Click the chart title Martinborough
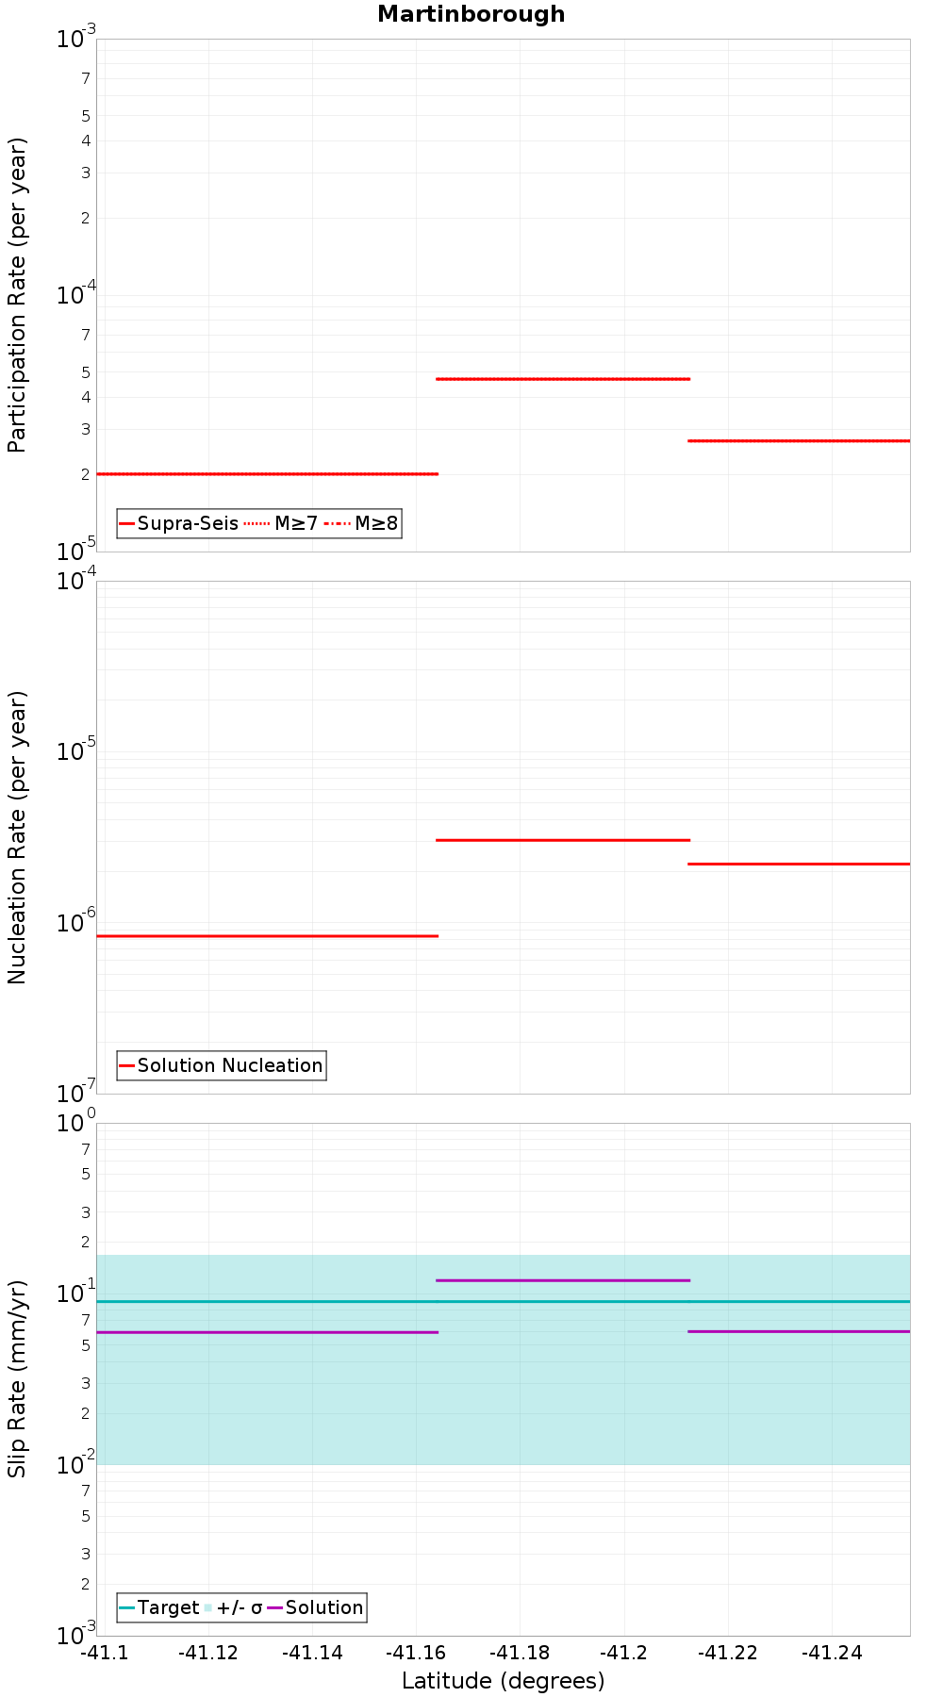(x=471, y=14)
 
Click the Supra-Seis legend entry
(x=179, y=523)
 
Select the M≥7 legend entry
(x=283, y=523)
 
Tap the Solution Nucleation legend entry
(x=222, y=1065)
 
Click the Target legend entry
(x=159, y=1607)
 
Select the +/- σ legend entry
(x=234, y=1607)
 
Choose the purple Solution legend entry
(x=316, y=1607)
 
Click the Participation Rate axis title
(x=18, y=295)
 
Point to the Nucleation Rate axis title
(x=18, y=837)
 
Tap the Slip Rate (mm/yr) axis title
(x=18, y=1378)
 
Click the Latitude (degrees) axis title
(x=503, y=1681)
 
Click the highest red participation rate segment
(x=563, y=379)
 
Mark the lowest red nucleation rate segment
(x=267, y=936)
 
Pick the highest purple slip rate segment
(x=563, y=1280)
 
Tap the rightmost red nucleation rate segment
(x=800, y=864)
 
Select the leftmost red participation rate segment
(x=267, y=473)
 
